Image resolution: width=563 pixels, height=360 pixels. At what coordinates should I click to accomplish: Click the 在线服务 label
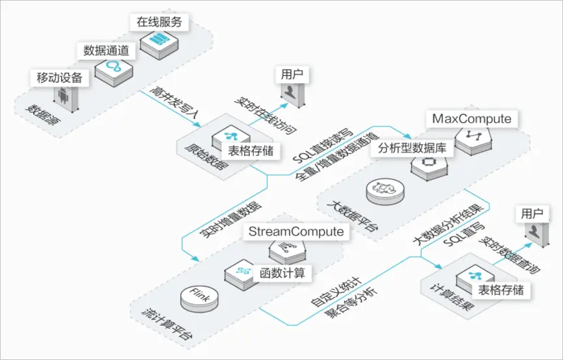(158, 21)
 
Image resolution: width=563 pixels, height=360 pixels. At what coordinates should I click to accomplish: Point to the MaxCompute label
(471, 119)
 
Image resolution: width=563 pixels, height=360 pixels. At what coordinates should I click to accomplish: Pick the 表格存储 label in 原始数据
(251, 151)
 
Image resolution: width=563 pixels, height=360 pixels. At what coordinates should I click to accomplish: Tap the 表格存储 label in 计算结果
(500, 289)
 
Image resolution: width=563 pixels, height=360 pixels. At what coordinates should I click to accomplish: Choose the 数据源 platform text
(39, 111)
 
